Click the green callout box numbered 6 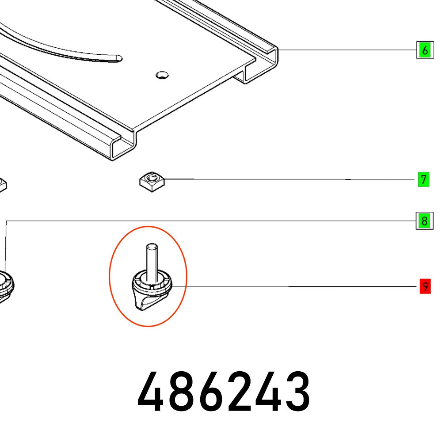pos(425,50)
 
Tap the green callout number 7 pos(423,179)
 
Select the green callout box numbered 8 pos(424,221)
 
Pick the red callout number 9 pos(425,286)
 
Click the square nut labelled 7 pos(152,182)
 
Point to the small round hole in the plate pos(162,75)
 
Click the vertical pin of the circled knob pos(152,262)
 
